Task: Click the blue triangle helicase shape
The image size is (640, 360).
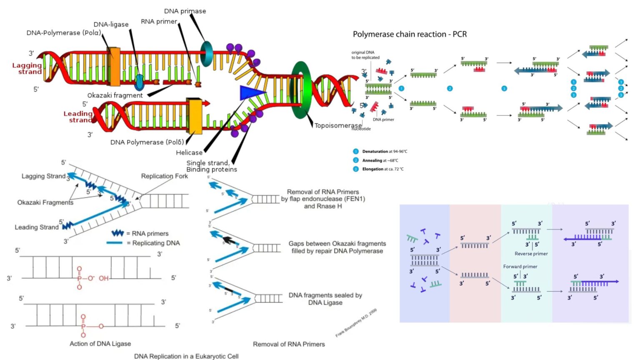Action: pos(251,92)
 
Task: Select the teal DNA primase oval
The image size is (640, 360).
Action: pos(206,54)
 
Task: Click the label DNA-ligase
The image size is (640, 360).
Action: pos(111,25)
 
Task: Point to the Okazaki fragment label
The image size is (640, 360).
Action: pos(115,95)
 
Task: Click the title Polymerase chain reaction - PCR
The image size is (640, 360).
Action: pos(410,34)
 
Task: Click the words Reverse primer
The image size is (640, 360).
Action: pos(531,254)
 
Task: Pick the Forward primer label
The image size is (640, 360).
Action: pos(520,267)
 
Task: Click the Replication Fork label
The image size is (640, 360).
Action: pos(164,176)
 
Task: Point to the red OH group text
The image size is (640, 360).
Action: pos(103,278)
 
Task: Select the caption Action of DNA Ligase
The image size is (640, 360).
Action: pos(100,344)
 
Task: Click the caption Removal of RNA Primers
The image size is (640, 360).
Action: pos(289,344)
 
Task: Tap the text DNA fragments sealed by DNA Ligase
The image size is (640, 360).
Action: pos(325,299)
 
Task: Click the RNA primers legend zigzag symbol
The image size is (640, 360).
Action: pos(117,233)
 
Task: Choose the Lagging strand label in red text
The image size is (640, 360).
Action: pos(27,68)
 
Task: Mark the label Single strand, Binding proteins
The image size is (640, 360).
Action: pos(211,166)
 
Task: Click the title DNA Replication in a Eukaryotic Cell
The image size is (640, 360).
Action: pos(186,356)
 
